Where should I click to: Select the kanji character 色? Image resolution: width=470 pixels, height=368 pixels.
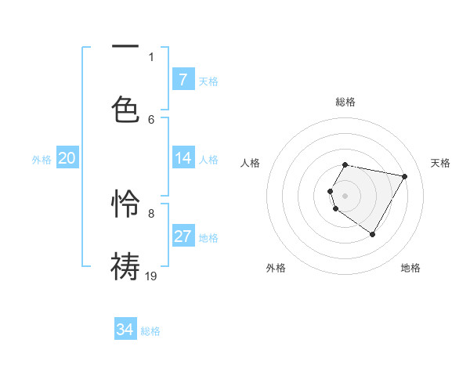click(x=125, y=109)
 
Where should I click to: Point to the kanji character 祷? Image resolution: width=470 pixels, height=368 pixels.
click(x=125, y=265)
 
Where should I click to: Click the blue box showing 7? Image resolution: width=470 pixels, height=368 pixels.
click(x=183, y=79)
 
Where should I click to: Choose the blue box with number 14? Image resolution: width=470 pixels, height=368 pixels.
click(x=183, y=158)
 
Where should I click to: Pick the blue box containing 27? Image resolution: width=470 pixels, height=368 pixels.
click(x=183, y=236)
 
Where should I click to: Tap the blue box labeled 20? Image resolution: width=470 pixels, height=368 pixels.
click(x=67, y=158)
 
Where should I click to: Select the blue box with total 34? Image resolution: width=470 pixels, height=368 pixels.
click(x=125, y=330)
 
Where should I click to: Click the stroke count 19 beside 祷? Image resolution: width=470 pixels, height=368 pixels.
click(x=151, y=275)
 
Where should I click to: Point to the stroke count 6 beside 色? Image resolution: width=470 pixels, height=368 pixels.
click(x=151, y=119)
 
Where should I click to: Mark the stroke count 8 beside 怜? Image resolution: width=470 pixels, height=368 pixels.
click(x=151, y=213)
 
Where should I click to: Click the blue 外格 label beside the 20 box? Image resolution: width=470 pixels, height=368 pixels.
click(x=42, y=160)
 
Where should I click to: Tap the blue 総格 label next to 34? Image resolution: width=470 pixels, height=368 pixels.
click(x=150, y=331)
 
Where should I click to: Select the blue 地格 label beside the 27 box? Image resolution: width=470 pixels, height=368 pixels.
click(x=208, y=238)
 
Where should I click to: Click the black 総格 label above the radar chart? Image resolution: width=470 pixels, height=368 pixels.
click(x=345, y=102)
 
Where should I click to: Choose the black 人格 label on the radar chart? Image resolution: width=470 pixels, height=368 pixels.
click(x=251, y=163)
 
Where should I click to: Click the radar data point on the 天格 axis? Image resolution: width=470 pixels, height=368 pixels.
click(x=404, y=176)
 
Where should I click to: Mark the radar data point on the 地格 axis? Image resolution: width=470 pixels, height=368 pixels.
click(x=372, y=234)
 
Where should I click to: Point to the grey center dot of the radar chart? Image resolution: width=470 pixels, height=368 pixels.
click(x=345, y=195)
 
